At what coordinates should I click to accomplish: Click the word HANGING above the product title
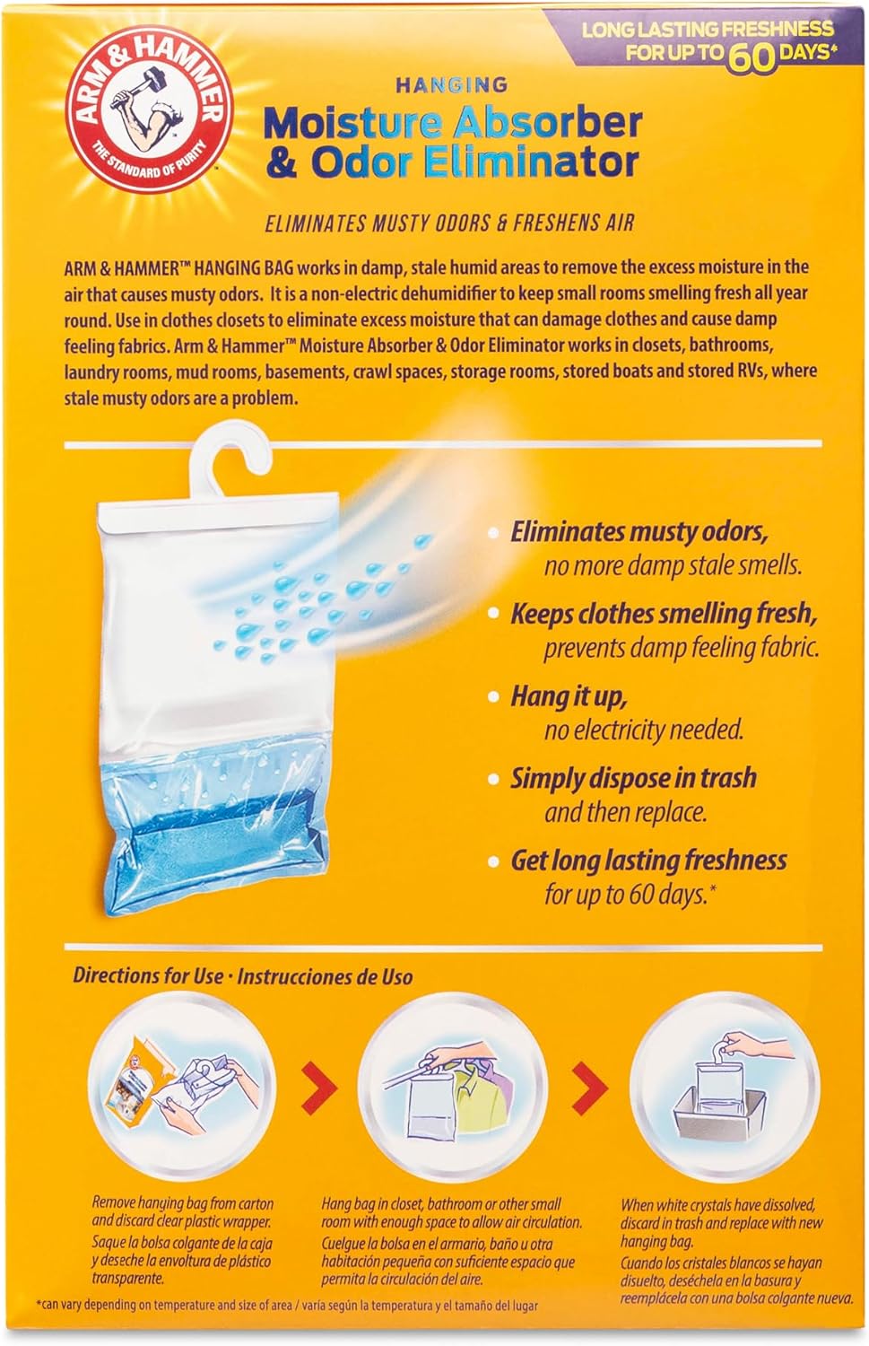click(x=452, y=84)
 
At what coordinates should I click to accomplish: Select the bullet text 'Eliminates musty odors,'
click(x=639, y=532)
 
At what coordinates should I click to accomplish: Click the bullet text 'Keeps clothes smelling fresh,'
click(x=664, y=614)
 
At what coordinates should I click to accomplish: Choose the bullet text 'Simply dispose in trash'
click(x=633, y=779)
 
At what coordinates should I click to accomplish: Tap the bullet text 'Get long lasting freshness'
click(x=648, y=861)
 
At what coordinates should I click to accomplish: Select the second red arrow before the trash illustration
click(x=590, y=1087)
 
